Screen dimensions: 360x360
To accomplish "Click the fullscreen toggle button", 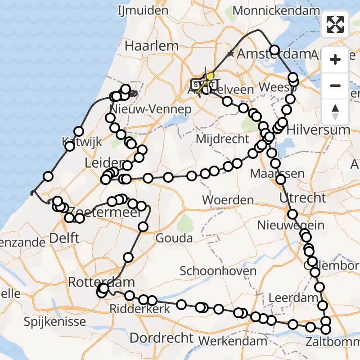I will [335, 24].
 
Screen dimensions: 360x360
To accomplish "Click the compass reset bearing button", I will [335, 112].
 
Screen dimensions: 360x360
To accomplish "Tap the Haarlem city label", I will [152, 46].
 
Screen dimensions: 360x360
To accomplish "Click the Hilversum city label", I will [318, 130].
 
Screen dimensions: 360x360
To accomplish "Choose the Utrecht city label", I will [302, 198].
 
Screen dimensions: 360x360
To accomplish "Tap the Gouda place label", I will [174, 238].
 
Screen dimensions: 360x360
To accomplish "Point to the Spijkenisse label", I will [55, 322].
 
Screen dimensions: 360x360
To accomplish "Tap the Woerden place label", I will [228, 200].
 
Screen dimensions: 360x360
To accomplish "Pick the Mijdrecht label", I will [222, 139].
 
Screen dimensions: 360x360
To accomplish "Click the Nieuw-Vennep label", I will [154, 109].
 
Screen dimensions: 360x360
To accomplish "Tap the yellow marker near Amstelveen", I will [210, 77].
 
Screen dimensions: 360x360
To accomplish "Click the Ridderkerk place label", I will [140, 309].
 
